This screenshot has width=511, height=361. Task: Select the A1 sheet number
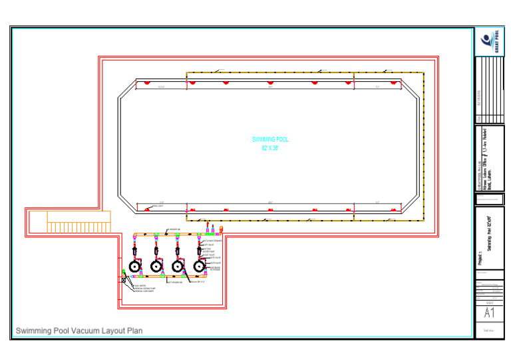tap(489, 313)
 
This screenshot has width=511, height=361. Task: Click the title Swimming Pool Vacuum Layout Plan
tap(79, 330)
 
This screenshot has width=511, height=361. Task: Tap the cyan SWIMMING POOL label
tap(269, 140)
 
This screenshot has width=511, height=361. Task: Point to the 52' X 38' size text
tap(269, 148)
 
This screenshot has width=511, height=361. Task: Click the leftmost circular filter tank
tap(135, 266)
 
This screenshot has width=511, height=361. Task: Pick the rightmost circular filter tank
tap(198, 266)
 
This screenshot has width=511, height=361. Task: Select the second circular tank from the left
tap(156, 266)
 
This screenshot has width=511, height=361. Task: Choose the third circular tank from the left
tap(178, 266)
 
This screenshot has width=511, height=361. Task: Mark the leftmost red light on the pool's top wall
tap(146, 83)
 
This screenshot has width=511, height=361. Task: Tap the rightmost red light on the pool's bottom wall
tap(394, 209)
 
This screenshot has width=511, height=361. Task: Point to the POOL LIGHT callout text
tap(158, 206)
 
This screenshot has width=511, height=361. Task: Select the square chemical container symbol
tap(124, 280)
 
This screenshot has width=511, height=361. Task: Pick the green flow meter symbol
tap(124, 273)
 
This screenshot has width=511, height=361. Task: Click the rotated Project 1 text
tap(480, 255)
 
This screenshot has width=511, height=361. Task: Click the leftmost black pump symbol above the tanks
tap(135, 251)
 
